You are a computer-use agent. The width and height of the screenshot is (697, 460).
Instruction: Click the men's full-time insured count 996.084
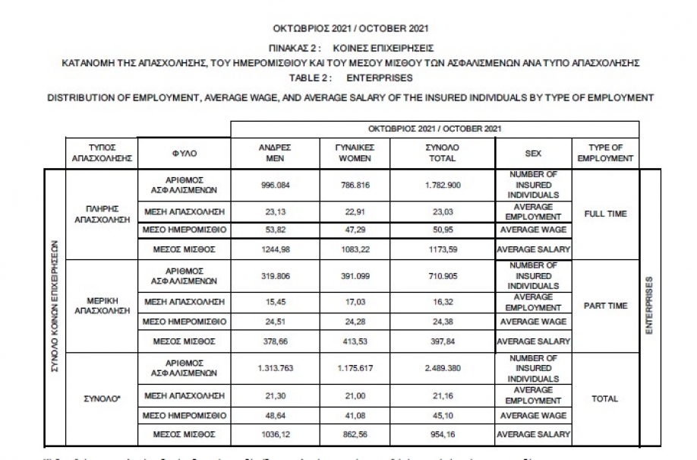[276, 185]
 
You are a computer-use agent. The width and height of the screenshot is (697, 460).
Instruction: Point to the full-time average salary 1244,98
[276, 249]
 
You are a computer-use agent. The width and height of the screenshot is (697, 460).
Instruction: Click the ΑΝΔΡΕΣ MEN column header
[276, 153]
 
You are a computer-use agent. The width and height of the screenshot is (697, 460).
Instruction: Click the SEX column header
[533, 153]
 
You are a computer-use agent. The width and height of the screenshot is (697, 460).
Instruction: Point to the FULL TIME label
[605, 214]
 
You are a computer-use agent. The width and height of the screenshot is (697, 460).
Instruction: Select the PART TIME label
[605, 306]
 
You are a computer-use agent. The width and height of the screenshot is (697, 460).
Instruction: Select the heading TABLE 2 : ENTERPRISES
[350, 78]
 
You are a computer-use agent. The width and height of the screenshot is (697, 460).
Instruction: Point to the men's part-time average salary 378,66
[276, 341]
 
